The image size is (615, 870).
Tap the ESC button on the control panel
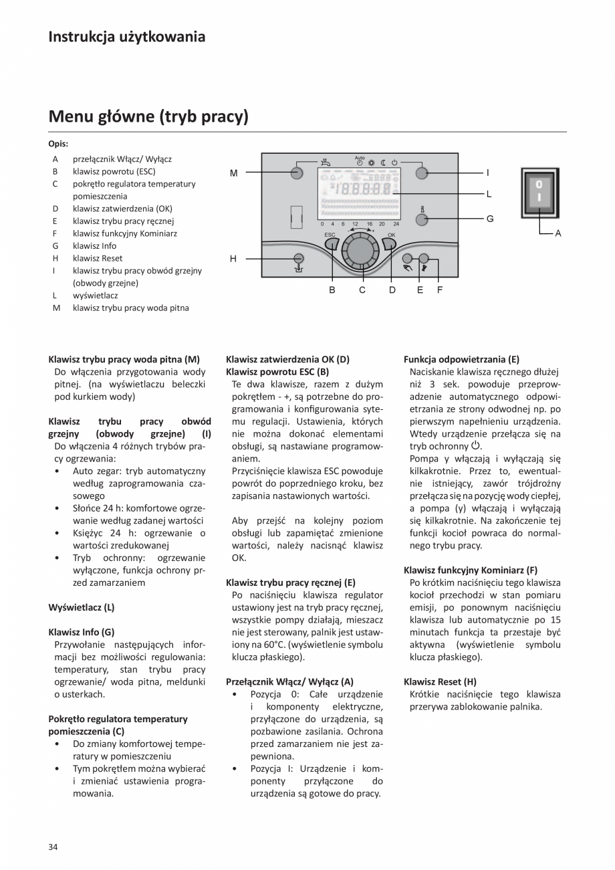(x=333, y=245)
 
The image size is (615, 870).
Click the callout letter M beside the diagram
(x=233, y=173)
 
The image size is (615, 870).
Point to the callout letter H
(x=233, y=258)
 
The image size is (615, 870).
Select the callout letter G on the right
(x=489, y=219)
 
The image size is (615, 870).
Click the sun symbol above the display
(x=371, y=162)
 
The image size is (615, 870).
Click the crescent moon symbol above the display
(x=384, y=162)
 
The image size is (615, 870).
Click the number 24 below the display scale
(x=396, y=224)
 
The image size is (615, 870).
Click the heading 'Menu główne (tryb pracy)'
(x=148, y=117)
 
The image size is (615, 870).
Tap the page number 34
(x=53, y=847)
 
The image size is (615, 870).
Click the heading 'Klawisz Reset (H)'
(x=440, y=682)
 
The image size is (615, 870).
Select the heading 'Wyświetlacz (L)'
(x=82, y=607)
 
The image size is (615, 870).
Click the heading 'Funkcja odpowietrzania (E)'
(x=461, y=359)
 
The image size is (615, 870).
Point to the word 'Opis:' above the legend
(x=58, y=143)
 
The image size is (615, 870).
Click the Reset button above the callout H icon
(x=299, y=258)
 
